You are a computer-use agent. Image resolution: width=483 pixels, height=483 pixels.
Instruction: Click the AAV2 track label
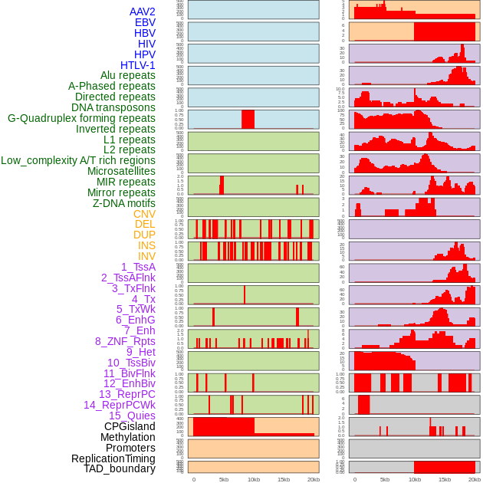142,11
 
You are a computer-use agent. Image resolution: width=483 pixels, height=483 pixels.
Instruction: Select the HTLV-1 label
137,65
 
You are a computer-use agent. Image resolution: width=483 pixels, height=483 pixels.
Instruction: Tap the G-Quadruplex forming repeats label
81,119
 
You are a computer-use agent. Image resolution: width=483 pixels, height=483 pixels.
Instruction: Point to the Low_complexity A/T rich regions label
78,160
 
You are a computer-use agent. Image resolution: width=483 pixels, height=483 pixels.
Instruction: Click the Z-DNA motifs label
123,203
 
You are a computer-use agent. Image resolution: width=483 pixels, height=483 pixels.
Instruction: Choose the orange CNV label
144,214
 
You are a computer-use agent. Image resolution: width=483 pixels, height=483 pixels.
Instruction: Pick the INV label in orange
146,256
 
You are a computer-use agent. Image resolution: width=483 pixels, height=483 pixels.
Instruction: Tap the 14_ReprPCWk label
120,405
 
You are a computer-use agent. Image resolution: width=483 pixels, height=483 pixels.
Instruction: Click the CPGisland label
130,426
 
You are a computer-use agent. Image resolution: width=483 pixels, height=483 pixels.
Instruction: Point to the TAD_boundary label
120,468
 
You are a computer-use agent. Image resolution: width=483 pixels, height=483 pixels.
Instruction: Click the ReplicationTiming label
113,458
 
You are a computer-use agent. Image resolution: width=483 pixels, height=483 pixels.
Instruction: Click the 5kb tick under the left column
224,479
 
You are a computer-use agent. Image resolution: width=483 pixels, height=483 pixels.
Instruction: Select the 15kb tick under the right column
445,479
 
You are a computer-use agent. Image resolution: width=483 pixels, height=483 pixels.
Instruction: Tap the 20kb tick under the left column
313,479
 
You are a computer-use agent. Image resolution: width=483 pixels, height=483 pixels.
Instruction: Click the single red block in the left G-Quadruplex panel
248,120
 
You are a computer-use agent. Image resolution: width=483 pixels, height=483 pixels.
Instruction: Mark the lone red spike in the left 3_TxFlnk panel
245,295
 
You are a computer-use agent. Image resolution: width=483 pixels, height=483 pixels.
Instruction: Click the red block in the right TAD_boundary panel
444,467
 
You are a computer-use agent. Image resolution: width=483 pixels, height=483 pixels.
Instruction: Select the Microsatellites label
121,171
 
